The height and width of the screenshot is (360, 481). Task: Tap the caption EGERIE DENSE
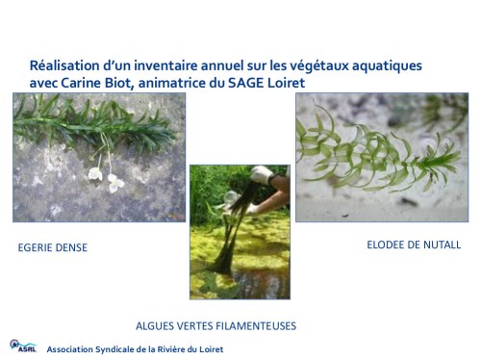click(x=53, y=247)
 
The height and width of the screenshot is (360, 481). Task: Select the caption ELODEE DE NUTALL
click(x=414, y=244)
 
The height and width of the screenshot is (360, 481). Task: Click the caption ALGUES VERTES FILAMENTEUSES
click(x=215, y=325)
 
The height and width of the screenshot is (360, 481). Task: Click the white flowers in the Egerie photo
click(x=104, y=175)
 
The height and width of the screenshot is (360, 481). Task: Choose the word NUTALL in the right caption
click(x=442, y=244)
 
